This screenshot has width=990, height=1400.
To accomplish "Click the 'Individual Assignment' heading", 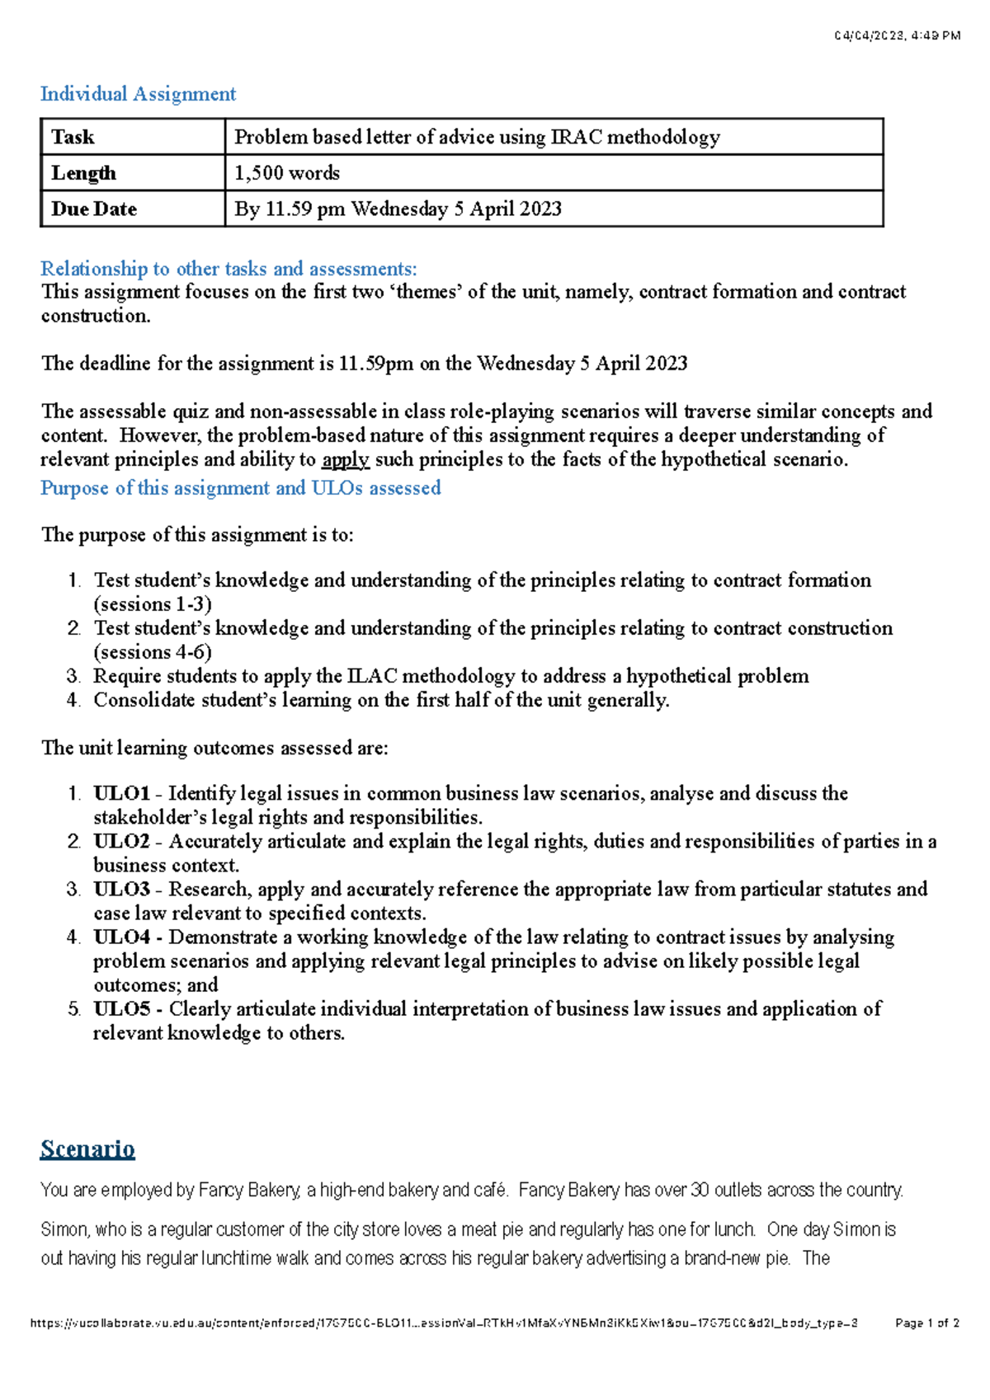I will pos(138,94).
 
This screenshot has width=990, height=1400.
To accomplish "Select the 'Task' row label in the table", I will pos(73,137).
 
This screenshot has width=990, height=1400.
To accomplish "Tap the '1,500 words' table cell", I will pos(287,173).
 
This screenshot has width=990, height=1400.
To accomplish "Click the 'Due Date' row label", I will pos(94,209).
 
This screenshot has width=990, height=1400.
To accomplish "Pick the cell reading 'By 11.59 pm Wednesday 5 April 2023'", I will pos(398,209).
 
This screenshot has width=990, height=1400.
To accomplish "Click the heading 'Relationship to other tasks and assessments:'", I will pos(229,269).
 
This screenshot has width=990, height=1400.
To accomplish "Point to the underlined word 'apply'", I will pos(345,459).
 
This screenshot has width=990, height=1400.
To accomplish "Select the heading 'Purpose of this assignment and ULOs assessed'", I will pos(241,488).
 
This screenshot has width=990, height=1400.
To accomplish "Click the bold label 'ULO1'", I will pos(121,793).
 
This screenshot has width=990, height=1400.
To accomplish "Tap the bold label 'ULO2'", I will pos(121,841).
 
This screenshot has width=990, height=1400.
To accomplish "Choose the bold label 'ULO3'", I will pos(121,889).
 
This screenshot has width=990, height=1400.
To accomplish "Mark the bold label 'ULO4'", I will pos(121,937).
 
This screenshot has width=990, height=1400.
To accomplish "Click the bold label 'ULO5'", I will pos(121,1008).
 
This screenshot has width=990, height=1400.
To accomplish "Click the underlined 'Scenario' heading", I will pos(87,1149).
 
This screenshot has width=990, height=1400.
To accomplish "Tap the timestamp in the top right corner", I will pos(897,35).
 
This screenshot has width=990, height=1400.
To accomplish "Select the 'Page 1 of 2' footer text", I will pos(926,1323).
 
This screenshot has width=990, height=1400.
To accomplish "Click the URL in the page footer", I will pos(444,1323).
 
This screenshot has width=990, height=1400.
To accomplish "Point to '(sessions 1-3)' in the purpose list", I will pos(153,604).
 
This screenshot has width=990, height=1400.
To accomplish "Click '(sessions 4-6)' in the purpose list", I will pos(153,652).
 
